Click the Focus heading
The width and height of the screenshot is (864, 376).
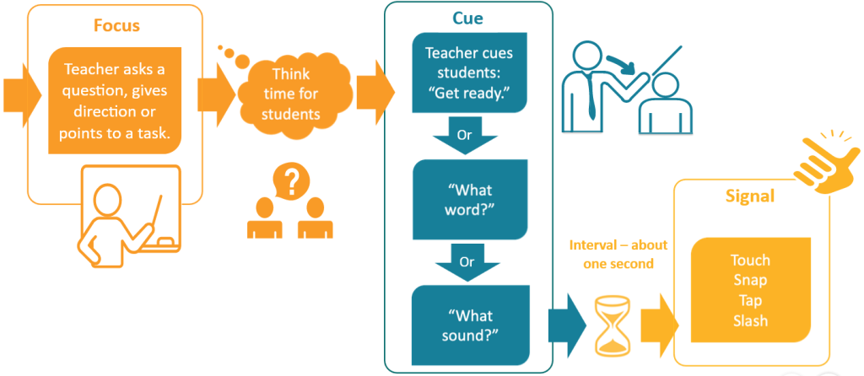pos(116,25)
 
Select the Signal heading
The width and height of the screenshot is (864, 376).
pos(750,196)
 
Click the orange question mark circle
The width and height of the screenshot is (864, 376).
pos(291,180)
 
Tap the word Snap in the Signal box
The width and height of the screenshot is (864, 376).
pos(750,281)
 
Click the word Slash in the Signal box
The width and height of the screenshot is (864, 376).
pos(750,321)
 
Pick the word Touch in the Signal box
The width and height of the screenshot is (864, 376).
pos(750,261)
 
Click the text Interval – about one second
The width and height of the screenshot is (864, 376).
pos(618,254)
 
